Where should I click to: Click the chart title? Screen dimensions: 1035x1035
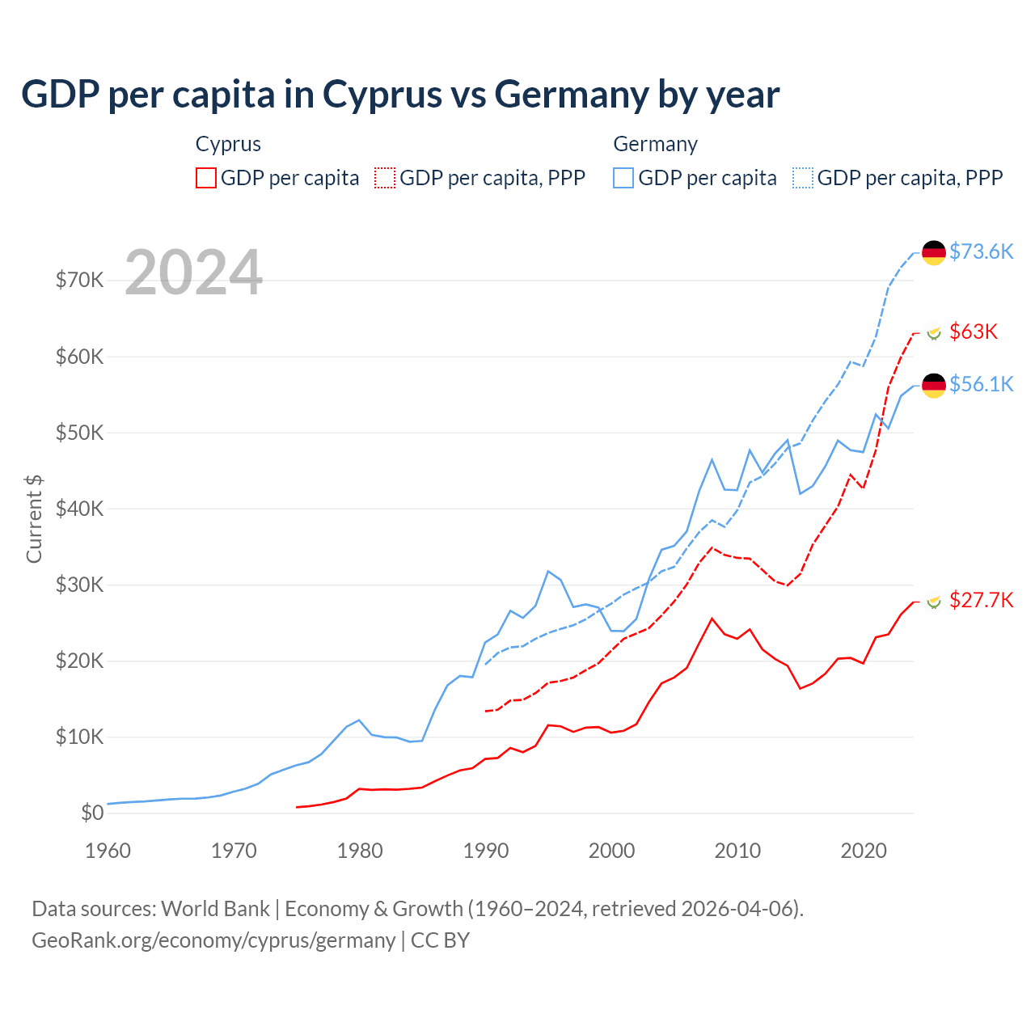tap(400, 95)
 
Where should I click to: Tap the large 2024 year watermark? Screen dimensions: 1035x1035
tap(193, 272)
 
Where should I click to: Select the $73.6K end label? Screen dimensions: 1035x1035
tap(981, 251)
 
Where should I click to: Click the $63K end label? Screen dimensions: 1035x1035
tap(974, 332)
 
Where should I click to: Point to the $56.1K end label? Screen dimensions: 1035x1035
tap(981, 384)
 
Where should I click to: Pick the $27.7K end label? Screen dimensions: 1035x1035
tap(981, 600)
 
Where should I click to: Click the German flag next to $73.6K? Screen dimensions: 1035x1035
tap(934, 252)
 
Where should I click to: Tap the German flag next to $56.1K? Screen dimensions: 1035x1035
tap(934, 385)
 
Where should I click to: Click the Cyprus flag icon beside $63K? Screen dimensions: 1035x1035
tap(934, 332)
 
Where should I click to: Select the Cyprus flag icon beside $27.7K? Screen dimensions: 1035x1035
tap(934, 601)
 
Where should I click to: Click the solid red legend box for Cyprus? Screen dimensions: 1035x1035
tap(206, 178)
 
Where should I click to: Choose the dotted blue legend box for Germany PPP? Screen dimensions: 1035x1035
tap(803, 178)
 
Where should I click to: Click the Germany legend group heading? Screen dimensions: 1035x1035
tap(655, 144)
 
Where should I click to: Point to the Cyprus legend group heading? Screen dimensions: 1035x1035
tap(228, 144)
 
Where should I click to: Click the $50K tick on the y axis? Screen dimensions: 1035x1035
tap(79, 433)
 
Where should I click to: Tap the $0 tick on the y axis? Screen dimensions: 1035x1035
tap(92, 813)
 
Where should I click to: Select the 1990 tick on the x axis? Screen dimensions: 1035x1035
tap(486, 851)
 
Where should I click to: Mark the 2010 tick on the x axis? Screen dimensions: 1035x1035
tap(737, 851)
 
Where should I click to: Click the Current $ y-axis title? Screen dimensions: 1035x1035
tap(34, 519)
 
